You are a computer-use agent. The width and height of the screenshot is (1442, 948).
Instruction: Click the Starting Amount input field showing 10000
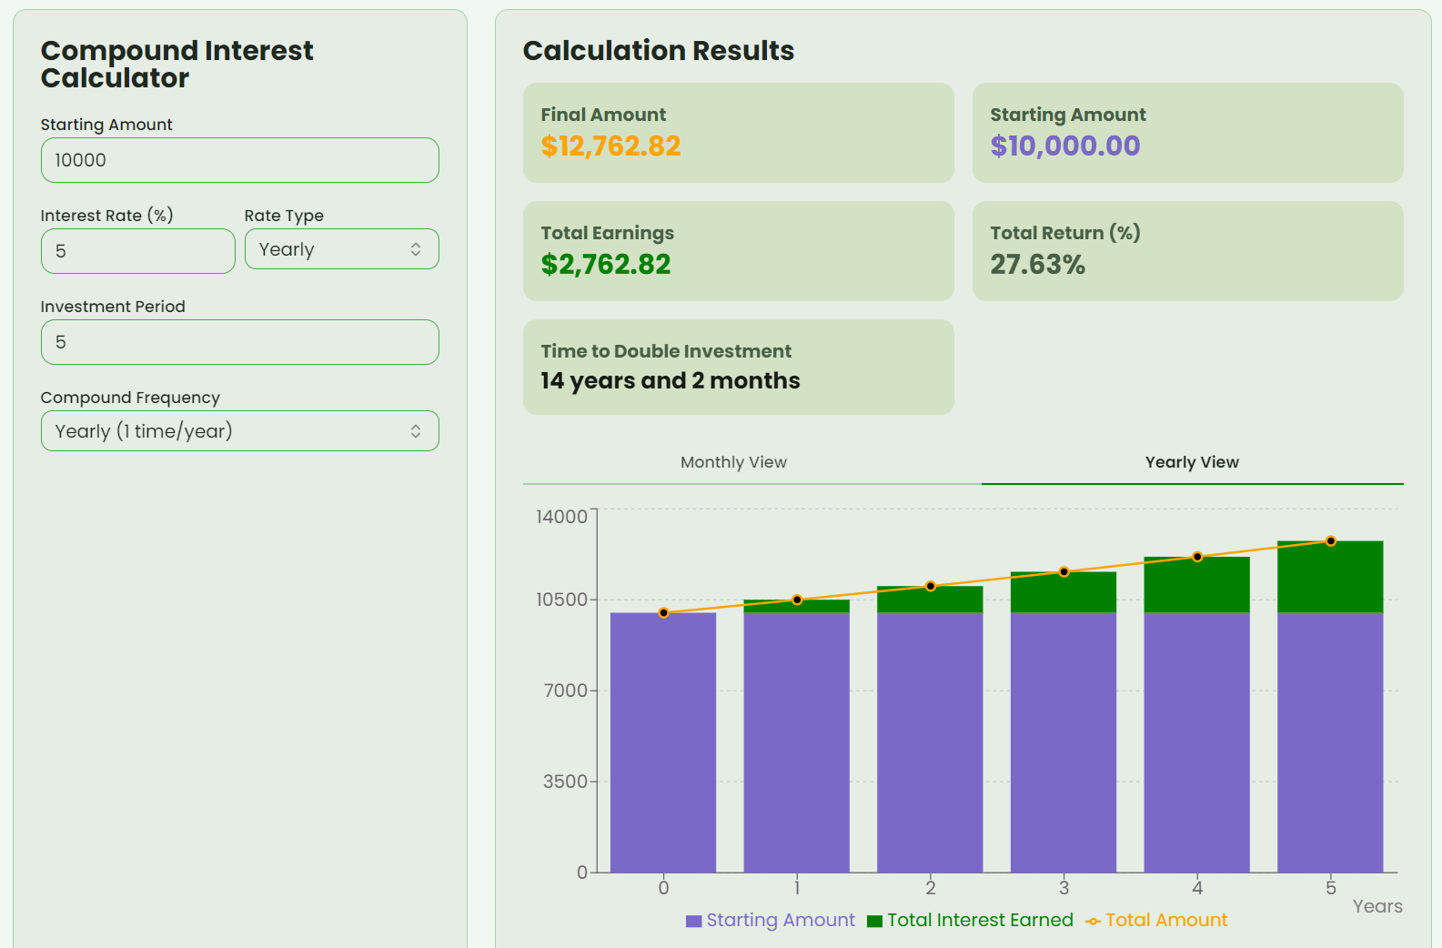click(239, 160)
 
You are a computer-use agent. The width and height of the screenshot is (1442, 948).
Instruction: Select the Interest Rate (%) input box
click(137, 251)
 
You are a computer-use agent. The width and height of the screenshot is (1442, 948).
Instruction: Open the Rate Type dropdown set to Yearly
click(341, 249)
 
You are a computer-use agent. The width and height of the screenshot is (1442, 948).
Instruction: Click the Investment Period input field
click(239, 342)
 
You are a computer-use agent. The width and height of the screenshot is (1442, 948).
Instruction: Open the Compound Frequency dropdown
click(239, 431)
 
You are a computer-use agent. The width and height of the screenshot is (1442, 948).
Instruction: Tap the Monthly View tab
click(733, 462)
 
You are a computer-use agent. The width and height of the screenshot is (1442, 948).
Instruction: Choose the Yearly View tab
click(1192, 462)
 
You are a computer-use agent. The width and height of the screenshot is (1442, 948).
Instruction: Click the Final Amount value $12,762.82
click(610, 146)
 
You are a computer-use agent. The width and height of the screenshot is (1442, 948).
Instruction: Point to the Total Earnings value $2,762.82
click(605, 265)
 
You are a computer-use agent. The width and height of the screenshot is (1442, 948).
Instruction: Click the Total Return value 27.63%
click(1037, 265)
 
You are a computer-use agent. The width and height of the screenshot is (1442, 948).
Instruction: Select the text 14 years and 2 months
click(670, 381)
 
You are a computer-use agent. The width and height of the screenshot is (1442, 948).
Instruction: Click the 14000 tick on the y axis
click(561, 517)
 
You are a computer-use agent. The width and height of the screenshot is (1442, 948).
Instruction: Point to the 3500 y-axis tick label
click(565, 782)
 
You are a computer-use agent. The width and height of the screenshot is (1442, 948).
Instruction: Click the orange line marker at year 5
click(1330, 541)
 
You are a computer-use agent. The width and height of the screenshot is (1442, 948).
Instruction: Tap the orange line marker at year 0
click(663, 613)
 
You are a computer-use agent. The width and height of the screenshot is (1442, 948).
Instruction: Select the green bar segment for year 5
click(1330, 578)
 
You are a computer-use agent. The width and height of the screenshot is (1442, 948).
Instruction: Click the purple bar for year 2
click(930, 741)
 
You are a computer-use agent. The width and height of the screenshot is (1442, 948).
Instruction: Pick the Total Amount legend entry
click(1156, 921)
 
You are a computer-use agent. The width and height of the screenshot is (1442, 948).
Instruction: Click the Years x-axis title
click(1376, 906)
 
